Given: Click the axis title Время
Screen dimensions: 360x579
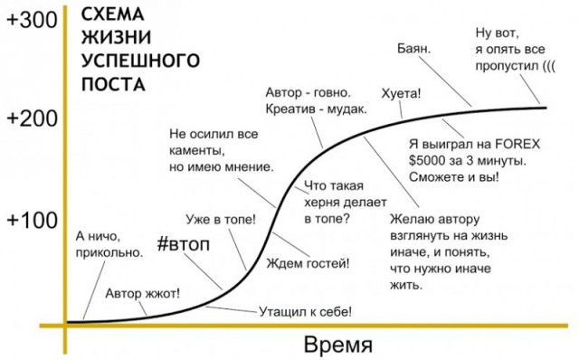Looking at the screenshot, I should (x=337, y=345).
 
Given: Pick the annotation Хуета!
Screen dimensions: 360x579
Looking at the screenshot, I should (x=403, y=93).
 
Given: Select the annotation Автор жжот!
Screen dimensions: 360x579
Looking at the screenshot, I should (x=142, y=293).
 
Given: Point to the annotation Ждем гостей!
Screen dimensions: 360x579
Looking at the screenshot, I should (x=308, y=263).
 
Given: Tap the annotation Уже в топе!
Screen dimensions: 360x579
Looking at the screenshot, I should (x=221, y=219).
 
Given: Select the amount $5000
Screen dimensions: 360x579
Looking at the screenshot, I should (x=430, y=159).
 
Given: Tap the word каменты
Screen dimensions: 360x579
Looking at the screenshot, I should (x=195, y=152).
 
